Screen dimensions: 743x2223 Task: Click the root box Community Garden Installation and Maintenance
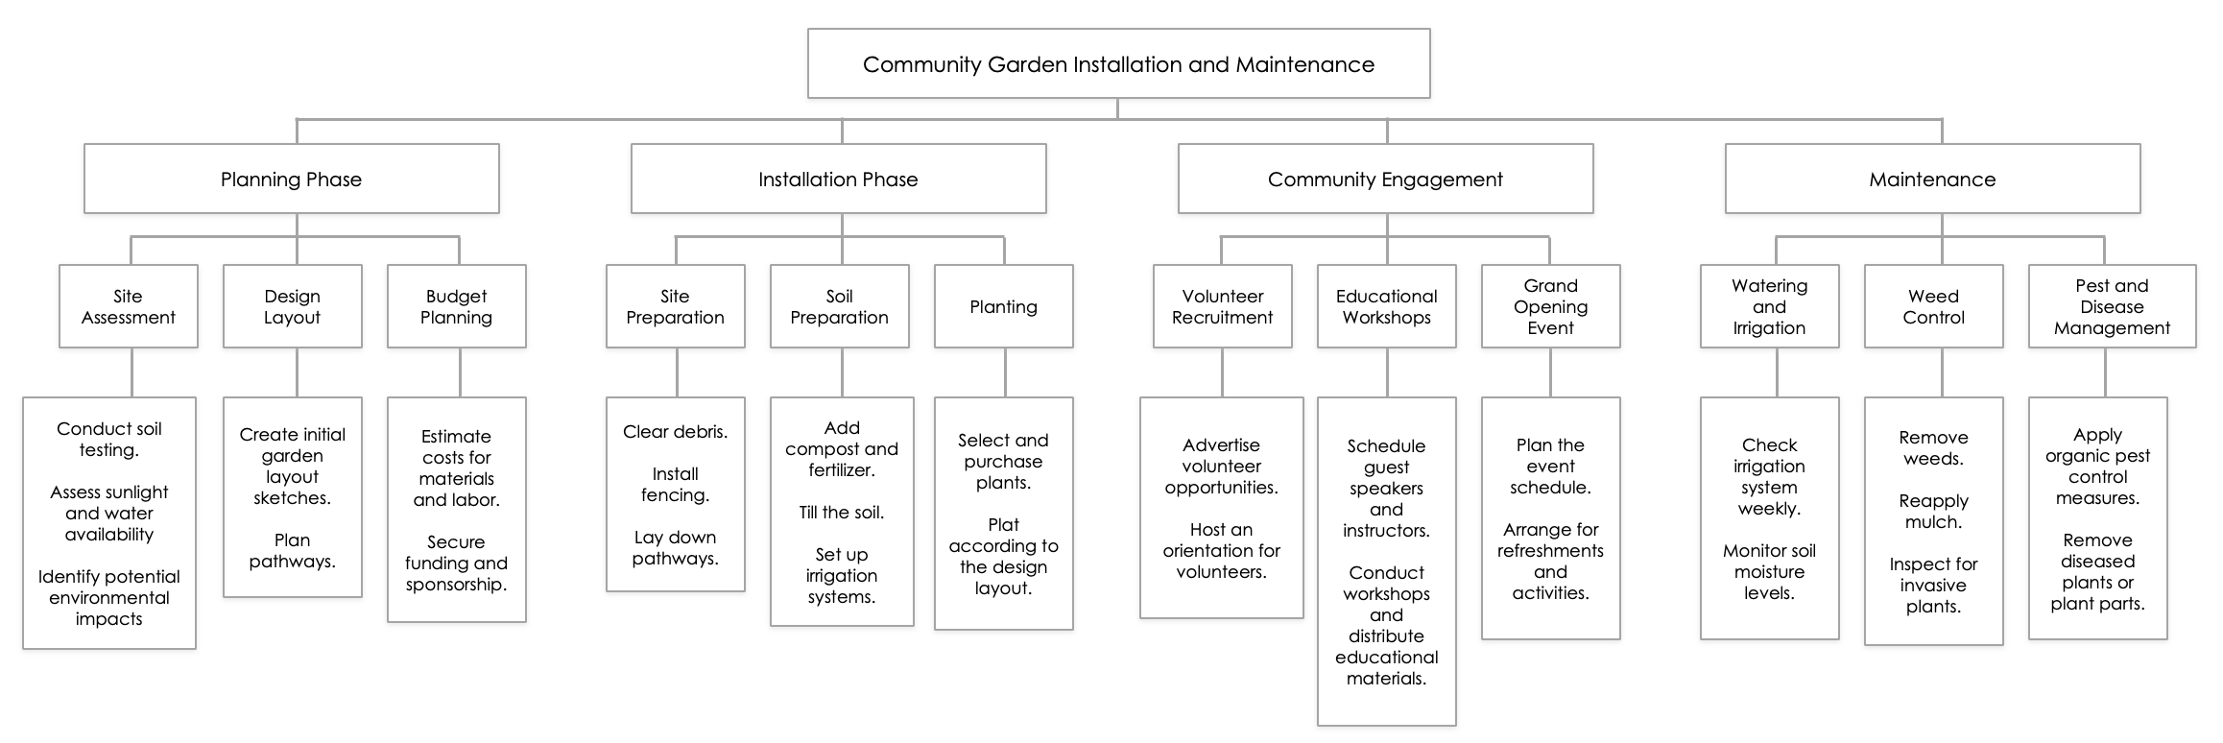coord(1118,64)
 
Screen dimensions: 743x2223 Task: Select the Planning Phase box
coord(291,180)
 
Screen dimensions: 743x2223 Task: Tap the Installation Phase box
coord(838,180)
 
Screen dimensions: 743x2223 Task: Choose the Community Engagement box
coord(1385,180)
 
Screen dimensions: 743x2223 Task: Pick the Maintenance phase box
coord(1932,180)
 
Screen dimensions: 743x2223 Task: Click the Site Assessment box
coord(129,307)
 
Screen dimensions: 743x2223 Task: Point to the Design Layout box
coord(293,307)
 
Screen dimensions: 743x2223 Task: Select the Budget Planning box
coord(457,307)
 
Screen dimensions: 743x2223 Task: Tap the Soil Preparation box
coord(840,307)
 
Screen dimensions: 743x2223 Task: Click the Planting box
coord(1004,307)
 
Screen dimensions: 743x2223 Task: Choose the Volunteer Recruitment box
coord(1223,307)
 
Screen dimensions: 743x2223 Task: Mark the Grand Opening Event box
coord(1551,307)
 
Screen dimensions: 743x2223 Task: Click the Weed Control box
coord(1934,307)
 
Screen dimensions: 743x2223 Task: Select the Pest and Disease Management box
coord(2112,307)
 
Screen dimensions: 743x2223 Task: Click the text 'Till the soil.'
coord(842,513)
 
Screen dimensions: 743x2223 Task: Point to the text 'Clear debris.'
coord(676,432)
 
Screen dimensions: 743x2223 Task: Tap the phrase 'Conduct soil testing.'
coord(109,440)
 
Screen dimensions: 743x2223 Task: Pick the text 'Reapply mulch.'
coord(1934,512)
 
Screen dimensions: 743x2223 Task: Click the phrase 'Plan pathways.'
coord(293,551)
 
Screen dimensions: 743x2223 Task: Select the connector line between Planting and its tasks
coord(1005,372)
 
